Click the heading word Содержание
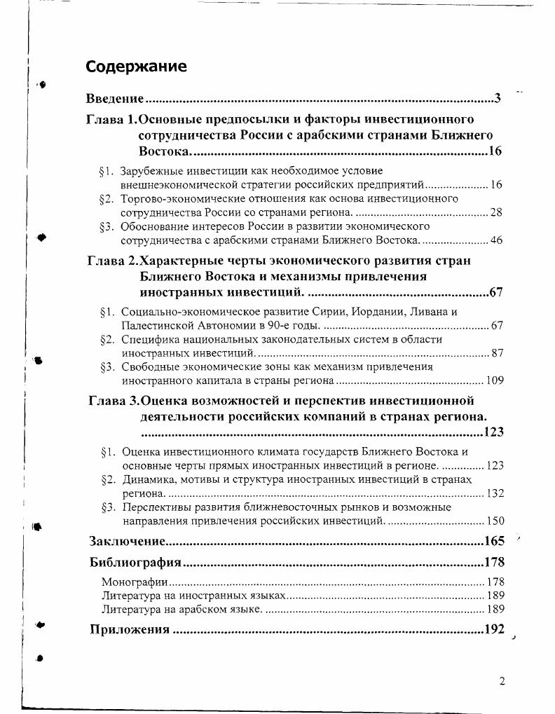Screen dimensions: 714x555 pos(136,67)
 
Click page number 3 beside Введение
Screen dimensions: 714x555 pos(497,98)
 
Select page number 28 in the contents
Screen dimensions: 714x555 pos(497,212)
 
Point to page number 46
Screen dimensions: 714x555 pos(497,240)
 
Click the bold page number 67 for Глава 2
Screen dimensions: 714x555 pos(496,292)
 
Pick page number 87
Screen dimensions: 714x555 pos(497,353)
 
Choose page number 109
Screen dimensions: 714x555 pos(495,381)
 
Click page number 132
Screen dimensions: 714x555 pos(495,493)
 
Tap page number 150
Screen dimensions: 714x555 pos(495,521)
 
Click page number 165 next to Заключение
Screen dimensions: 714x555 pos(494,541)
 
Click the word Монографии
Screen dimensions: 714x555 pos(135,582)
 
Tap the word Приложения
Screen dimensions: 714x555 pos(130,629)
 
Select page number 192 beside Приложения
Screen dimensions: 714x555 pos(494,629)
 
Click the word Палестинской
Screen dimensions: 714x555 pos(153,325)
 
